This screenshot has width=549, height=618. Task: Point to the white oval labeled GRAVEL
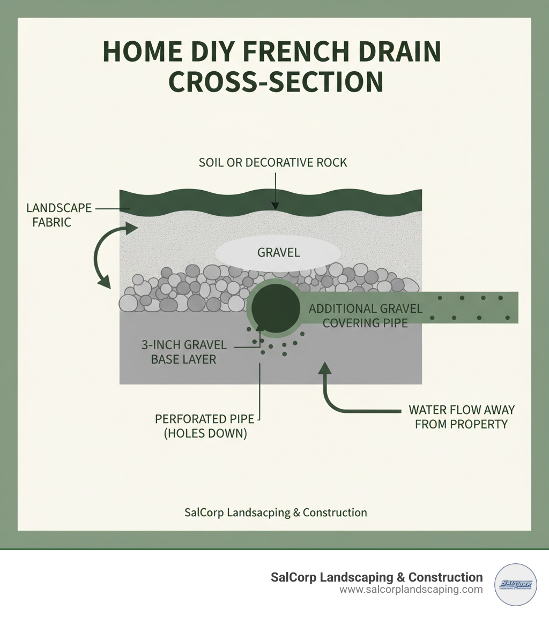(278, 252)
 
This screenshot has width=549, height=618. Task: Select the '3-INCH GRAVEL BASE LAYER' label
(184, 352)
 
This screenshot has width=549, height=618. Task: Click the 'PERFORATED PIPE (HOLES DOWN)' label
(205, 426)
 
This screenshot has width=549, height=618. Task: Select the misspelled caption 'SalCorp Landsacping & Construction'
(275, 513)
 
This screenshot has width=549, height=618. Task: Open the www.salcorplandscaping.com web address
(411, 590)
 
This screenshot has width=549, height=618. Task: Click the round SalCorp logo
(515, 584)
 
